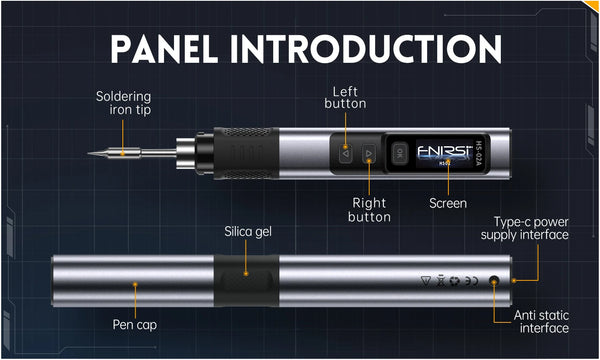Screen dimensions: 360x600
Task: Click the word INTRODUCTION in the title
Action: click(x=376, y=47)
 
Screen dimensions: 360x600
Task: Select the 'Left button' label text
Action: click(x=347, y=96)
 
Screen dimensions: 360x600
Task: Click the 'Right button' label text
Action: click(x=369, y=209)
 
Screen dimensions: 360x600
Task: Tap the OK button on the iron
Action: click(x=399, y=154)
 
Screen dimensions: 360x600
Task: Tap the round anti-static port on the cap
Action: click(x=493, y=284)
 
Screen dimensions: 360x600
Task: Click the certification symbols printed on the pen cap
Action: click(x=447, y=284)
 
